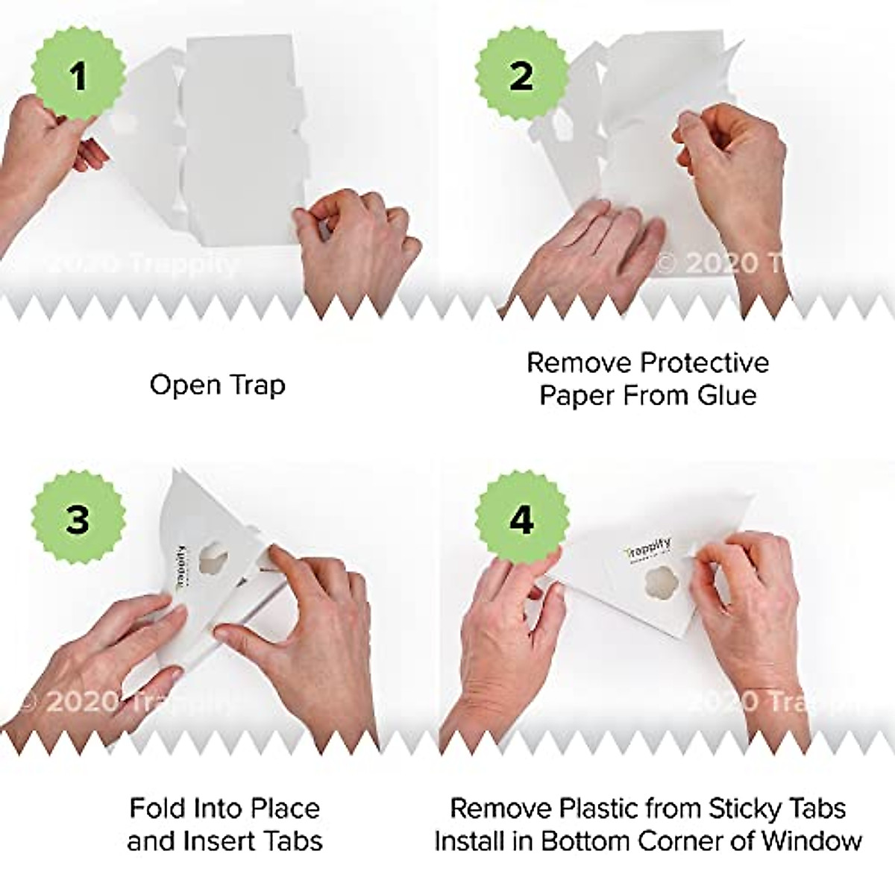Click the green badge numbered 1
tap(78, 76)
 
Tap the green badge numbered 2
tap(521, 76)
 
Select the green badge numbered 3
tap(78, 520)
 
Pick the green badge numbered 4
tap(521, 520)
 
